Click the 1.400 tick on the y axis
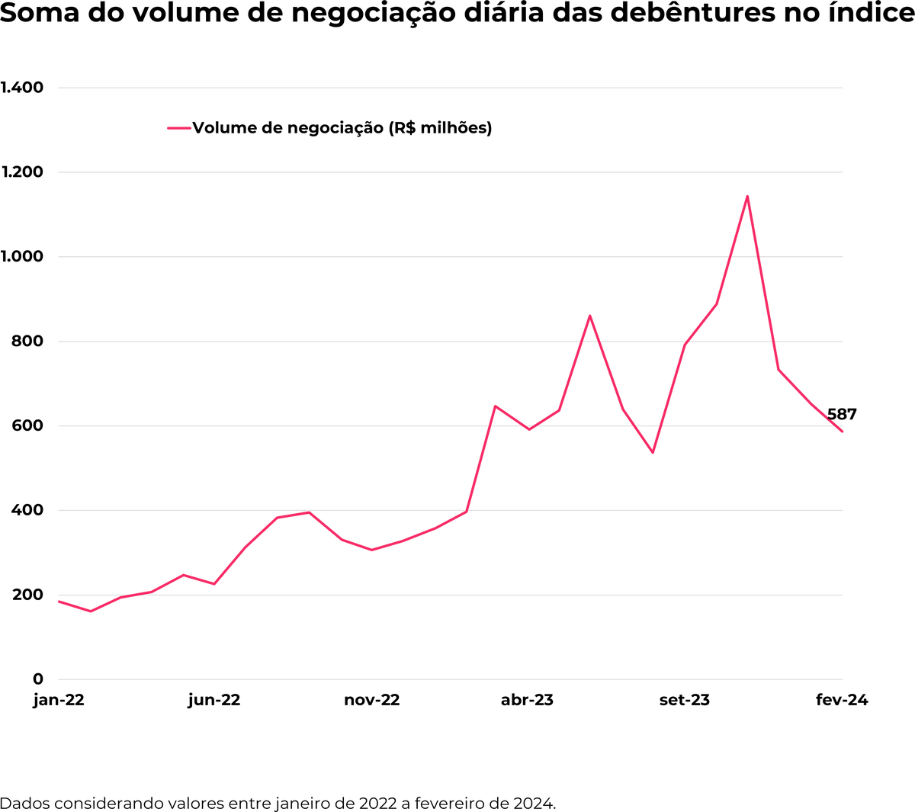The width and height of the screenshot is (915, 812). coord(22,88)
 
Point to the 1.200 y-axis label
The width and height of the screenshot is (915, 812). coord(22,172)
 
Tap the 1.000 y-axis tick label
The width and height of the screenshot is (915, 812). coord(22,257)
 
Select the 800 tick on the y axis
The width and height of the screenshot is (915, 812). coord(27,342)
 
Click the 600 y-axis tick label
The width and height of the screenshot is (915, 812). coord(27,426)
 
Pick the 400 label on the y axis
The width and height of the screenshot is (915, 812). coord(27,510)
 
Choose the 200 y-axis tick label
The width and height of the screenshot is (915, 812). coord(27,595)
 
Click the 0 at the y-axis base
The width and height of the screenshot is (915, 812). coord(38,679)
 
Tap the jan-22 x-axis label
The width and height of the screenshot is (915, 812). coord(59,700)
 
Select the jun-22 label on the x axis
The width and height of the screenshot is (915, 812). coord(214,700)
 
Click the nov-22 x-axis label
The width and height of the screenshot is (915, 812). coord(372,700)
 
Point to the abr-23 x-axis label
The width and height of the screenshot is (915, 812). coord(527,700)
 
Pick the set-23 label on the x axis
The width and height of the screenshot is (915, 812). coord(685,700)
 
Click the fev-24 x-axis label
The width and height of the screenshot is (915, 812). coord(842,700)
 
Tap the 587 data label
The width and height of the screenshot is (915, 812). coord(842,415)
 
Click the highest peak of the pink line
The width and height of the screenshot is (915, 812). coord(747,197)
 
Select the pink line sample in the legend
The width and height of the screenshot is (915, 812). coord(178,128)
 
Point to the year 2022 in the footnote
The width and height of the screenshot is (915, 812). coord(377,803)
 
